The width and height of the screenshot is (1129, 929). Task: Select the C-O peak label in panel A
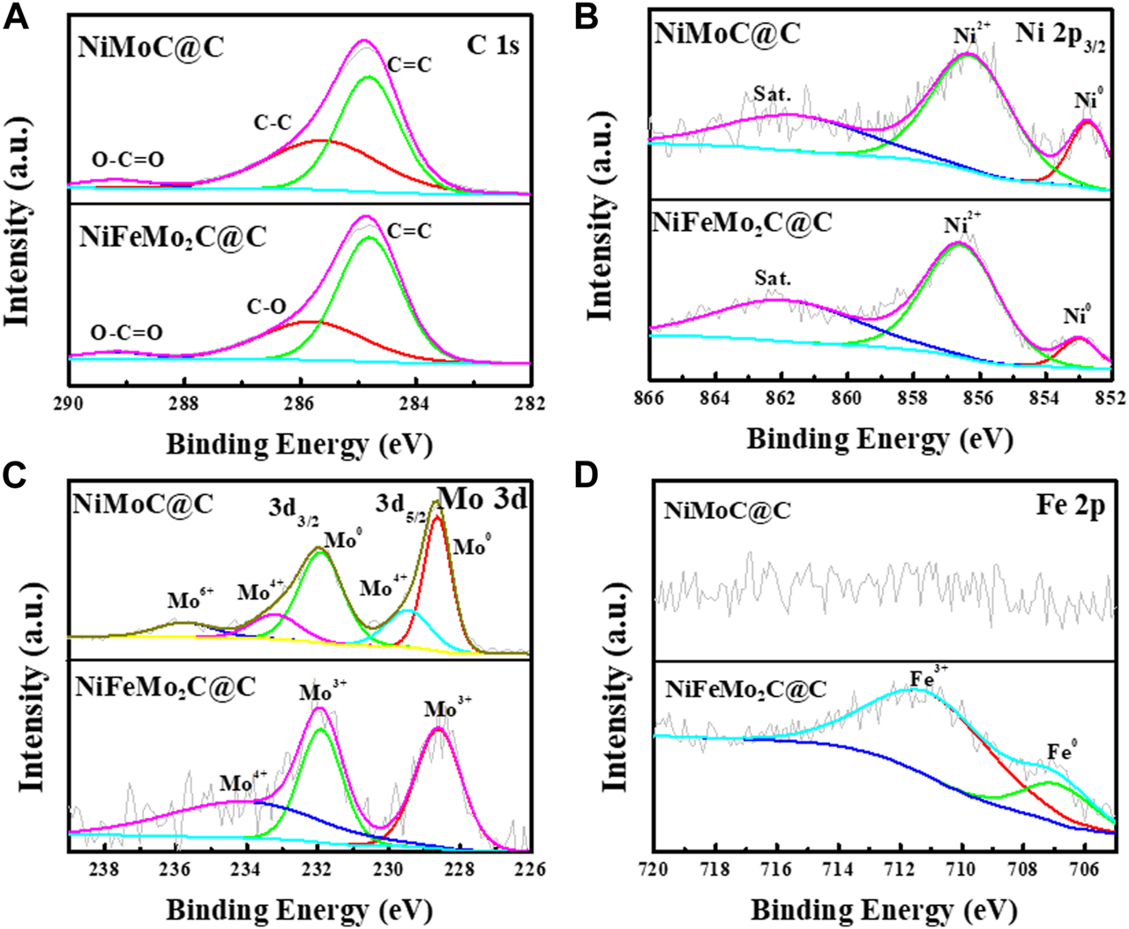(x=265, y=306)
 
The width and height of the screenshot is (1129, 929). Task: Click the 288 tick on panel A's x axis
(x=183, y=404)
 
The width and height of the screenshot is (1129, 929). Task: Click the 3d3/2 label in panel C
(x=297, y=509)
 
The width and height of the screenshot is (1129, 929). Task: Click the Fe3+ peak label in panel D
(x=929, y=679)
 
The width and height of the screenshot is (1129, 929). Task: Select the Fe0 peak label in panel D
(x=1062, y=752)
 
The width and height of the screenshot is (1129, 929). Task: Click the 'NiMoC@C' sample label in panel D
(x=727, y=510)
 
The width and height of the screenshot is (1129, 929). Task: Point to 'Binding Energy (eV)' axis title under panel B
(x=879, y=438)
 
